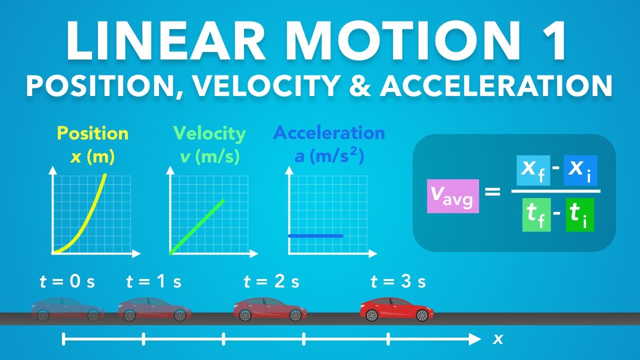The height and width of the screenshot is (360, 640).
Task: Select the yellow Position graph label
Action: click(x=92, y=133)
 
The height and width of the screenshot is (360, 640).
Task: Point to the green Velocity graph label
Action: click(x=209, y=133)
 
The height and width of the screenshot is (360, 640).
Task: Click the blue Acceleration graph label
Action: click(x=329, y=133)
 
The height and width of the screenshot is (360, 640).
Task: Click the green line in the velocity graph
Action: click(x=197, y=226)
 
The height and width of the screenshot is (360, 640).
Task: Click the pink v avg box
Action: click(x=453, y=196)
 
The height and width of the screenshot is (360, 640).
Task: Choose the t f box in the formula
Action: click(x=536, y=214)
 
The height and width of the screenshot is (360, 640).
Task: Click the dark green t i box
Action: click(x=580, y=214)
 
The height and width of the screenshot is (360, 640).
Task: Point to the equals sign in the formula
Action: click(x=492, y=191)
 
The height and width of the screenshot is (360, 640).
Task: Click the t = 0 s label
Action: click(x=67, y=282)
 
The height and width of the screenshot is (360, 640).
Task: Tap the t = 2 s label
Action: click(x=271, y=282)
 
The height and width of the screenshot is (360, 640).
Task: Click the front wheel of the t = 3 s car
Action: click(x=422, y=315)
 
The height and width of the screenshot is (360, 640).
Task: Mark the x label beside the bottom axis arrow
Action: click(x=498, y=339)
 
